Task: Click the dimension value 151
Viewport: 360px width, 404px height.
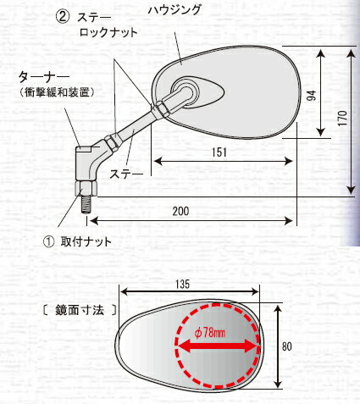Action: point(219,152)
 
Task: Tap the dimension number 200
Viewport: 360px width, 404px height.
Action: point(180,211)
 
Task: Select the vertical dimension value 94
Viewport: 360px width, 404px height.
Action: point(312,96)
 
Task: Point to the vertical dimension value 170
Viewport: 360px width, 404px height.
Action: point(343,118)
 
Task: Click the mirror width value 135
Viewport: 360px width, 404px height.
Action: point(182,285)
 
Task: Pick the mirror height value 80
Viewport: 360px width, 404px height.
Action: point(287,346)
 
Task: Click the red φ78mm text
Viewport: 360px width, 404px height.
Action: point(210,333)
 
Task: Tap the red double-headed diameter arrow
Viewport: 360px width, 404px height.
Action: point(217,346)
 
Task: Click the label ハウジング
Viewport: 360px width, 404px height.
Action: point(174,10)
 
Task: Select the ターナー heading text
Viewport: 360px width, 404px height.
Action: point(44,77)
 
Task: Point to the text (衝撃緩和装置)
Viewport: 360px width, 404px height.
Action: point(58,92)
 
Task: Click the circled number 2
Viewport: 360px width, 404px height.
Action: point(63,17)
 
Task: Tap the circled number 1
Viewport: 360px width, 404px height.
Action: point(48,242)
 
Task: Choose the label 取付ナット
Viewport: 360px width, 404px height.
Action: point(86,242)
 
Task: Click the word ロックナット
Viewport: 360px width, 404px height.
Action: point(108,33)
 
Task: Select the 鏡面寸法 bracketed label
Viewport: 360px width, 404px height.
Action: point(80,310)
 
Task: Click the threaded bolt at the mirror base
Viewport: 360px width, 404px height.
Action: point(86,205)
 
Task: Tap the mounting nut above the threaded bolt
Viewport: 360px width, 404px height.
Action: point(86,189)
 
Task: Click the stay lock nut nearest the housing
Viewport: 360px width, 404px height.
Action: point(161,109)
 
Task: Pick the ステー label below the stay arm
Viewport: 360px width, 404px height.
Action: point(126,174)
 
